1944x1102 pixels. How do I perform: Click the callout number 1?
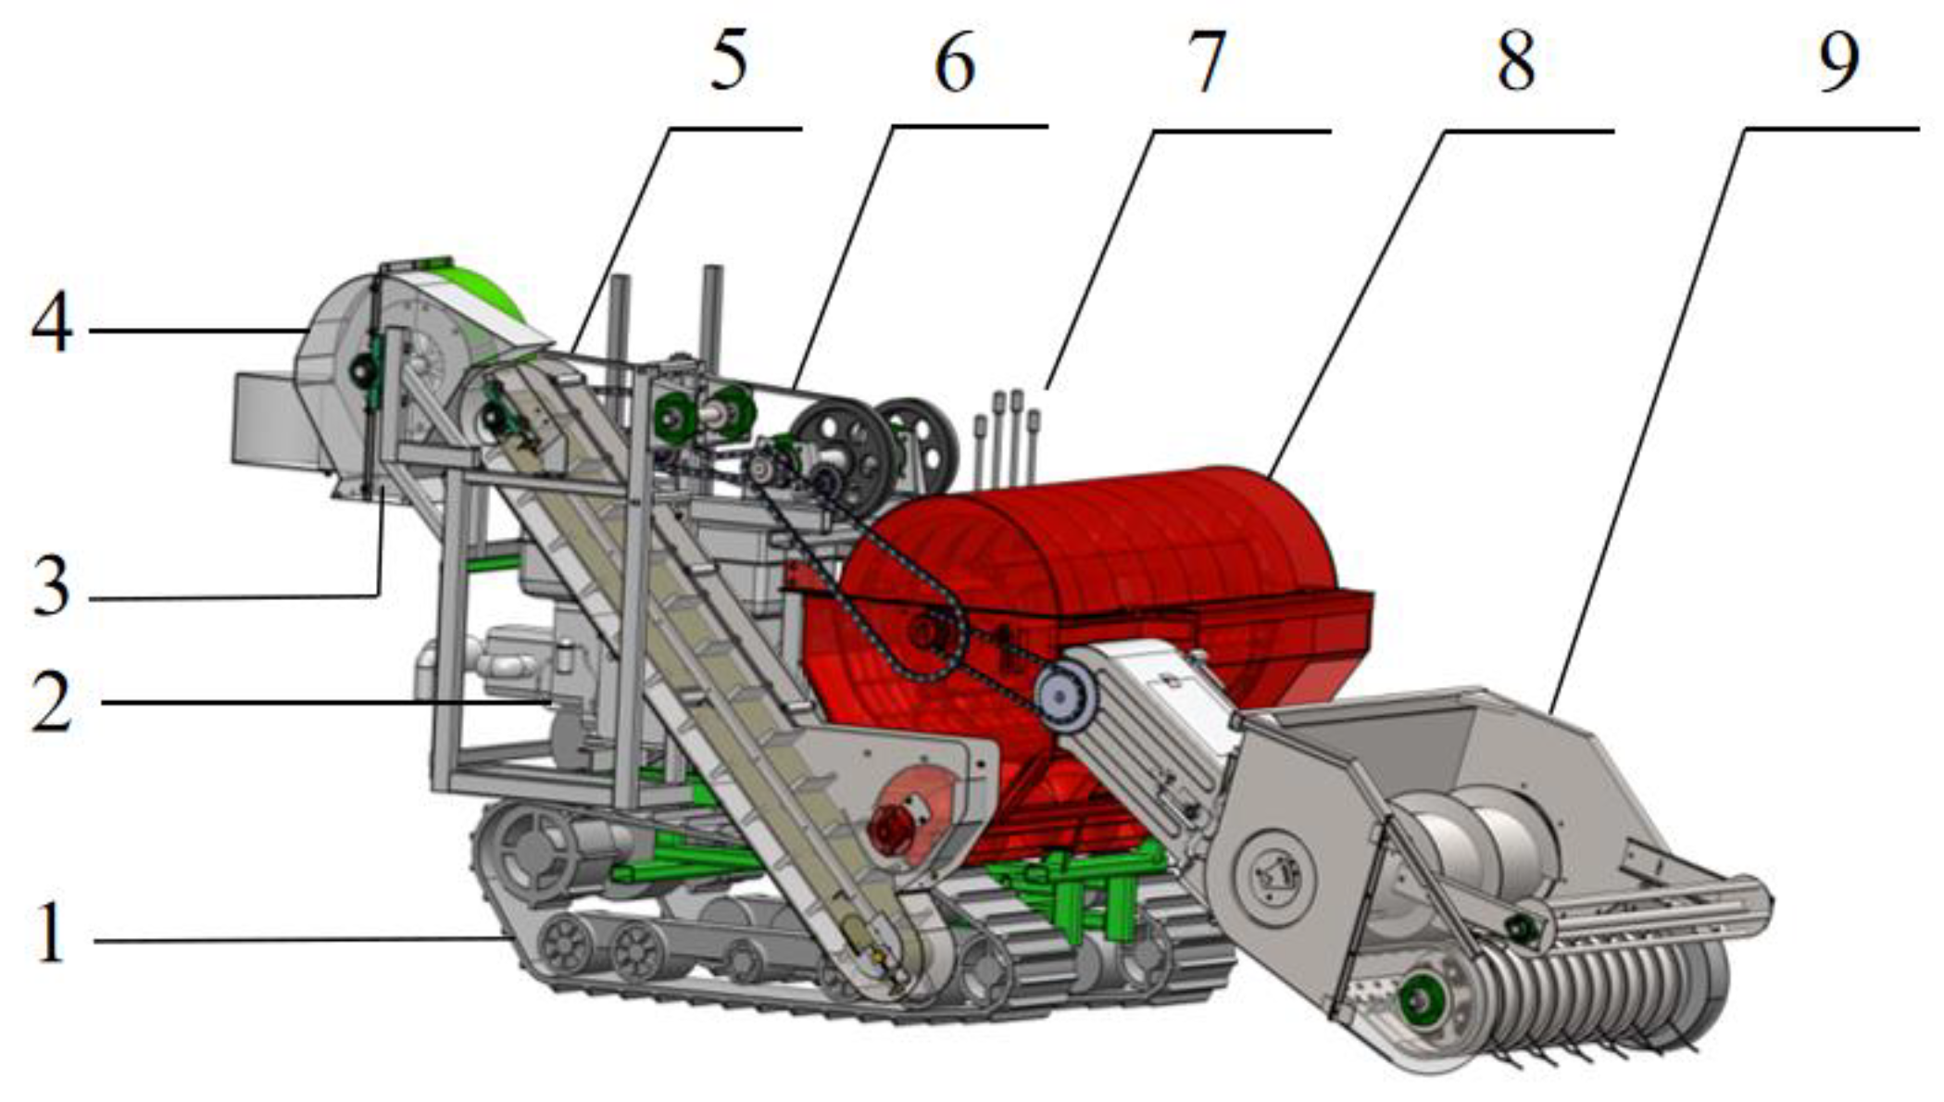pyautogui.click(x=52, y=933)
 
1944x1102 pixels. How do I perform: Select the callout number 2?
pyautogui.click(x=52, y=701)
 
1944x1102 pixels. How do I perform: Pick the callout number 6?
pyautogui.click(x=955, y=62)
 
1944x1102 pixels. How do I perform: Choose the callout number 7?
pyautogui.click(x=1206, y=62)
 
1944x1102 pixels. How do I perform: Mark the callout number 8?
pyautogui.click(x=1515, y=60)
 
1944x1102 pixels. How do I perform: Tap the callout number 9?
pyautogui.click(x=1837, y=61)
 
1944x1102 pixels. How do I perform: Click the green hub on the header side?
pyautogui.click(x=1416, y=998)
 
